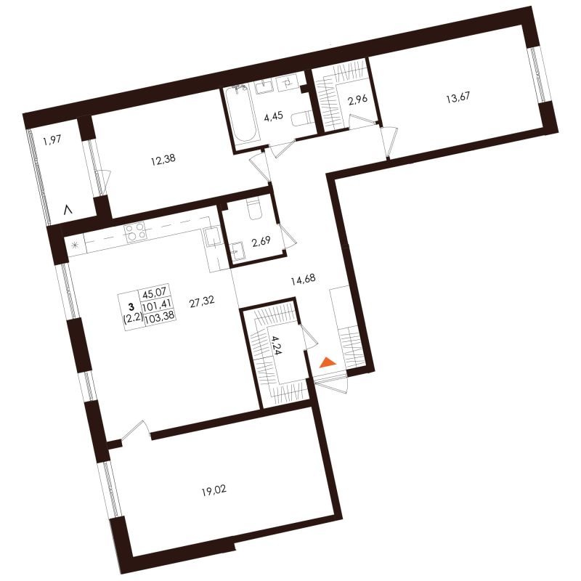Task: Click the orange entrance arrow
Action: pyautogui.click(x=328, y=362)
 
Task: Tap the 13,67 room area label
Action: pyautogui.click(x=458, y=98)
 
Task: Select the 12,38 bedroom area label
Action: pyautogui.click(x=163, y=160)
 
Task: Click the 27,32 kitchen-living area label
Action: pyautogui.click(x=202, y=302)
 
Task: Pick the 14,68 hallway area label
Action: pyautogui.click(x=303, y=280)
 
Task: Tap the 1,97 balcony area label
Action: pyautogui.click(x=52, y=140)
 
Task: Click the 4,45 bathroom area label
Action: pyautogui.click(x=274, y=117)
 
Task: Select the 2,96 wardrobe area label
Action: pyautogui.click(x=357, y=99)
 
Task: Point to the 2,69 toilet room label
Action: pyautogui.click(x=261, y=243)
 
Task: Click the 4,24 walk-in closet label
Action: pyautogui.click(x=277, y=345)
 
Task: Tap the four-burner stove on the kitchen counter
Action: pyautogui.click(x=134, y=232)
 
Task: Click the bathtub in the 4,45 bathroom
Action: pyautogui.click(x=240, y=114)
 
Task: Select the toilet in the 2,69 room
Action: pyautogui.click(x=254, y=208)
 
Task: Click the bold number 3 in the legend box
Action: pyautogui.click(x=131, y=306)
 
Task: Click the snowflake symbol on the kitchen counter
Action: pyautogui.click(x=75, y=245)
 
